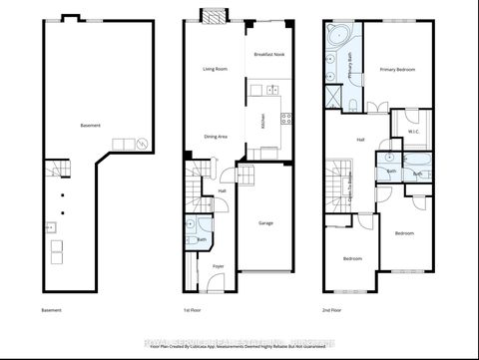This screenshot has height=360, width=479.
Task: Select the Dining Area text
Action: click(x=216, y=136)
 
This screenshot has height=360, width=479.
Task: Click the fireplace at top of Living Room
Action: click(x=214, y=14)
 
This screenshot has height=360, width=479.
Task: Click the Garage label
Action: click(x=265, y=222)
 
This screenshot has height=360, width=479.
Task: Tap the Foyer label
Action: click(x=219, y=266)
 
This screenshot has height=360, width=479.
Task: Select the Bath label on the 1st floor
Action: click(x=202, y=239)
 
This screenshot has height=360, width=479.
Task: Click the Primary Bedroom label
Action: click(x=397, y=70)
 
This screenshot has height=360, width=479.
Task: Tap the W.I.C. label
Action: click(x=413, y=131)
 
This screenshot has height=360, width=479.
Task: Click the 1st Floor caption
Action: click(x=192, y=310)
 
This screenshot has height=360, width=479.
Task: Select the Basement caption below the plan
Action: click(x=52, y=310)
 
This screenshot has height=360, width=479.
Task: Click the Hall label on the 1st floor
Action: click(x=222, y=190)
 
